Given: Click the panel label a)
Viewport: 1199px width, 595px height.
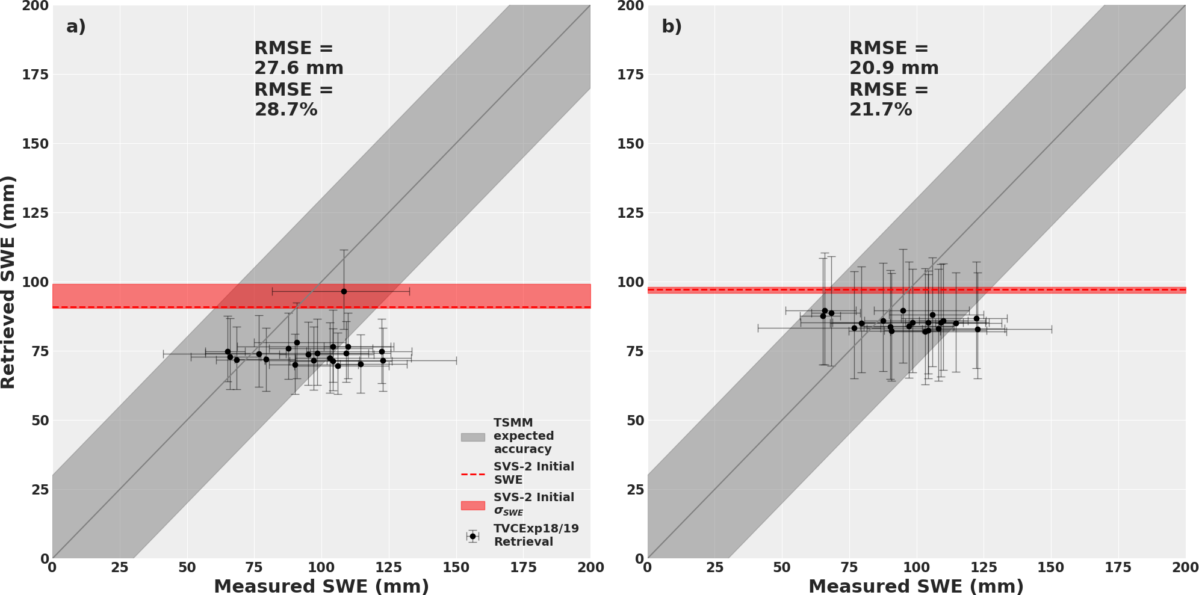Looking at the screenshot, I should click(76, 26).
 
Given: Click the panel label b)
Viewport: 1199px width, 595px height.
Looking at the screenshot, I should click(671, 26).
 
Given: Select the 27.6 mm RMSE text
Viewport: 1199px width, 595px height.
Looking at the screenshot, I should click(299, 68).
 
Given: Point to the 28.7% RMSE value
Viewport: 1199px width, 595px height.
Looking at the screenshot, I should click(285, 109).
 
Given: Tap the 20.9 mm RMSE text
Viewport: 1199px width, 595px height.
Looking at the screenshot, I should click(894, 68).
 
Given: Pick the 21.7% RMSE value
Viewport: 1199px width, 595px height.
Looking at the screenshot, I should click(881, 109).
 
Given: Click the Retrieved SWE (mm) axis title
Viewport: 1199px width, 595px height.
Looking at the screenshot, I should click(8, 282).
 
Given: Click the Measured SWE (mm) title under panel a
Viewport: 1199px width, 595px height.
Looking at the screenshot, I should click(321, 586).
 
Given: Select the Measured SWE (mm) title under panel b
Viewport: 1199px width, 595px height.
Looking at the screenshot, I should click(916, 586).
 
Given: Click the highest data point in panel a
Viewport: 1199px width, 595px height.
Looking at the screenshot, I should click(344, 291).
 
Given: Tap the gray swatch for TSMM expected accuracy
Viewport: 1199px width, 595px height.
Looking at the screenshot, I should click(472, 437).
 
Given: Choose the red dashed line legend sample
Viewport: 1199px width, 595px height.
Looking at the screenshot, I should click(472, 474).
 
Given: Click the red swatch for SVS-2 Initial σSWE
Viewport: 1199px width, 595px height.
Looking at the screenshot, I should click(472, 505).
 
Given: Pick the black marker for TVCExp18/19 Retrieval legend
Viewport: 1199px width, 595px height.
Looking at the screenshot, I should click(472, 536).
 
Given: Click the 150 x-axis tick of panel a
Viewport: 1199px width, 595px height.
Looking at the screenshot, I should click(456, 567).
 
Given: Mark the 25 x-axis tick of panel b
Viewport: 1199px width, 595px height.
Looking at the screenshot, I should click(714, 567).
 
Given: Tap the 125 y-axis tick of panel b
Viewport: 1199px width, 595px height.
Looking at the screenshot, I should click(630, 213).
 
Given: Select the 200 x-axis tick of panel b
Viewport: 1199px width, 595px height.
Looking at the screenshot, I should click(1185, 567).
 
